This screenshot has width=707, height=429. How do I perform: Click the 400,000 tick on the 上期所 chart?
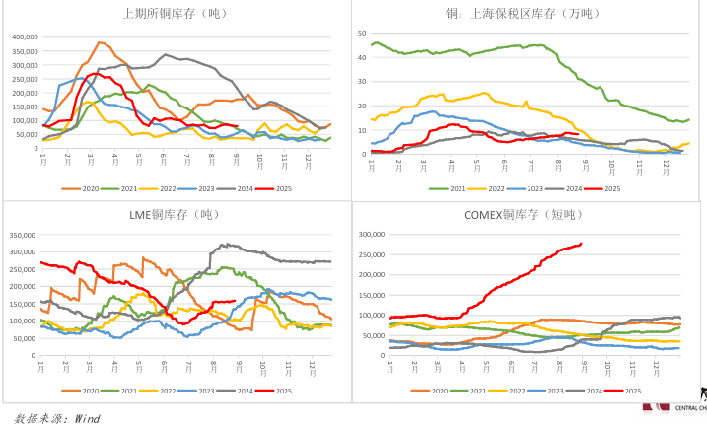[x=24, y=37]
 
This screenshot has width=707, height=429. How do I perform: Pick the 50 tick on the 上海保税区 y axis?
[x=361, y=31]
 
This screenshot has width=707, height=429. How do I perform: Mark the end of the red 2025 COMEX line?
[x=581, y=244]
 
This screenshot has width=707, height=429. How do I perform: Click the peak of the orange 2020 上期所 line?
[x=101, y=42]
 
